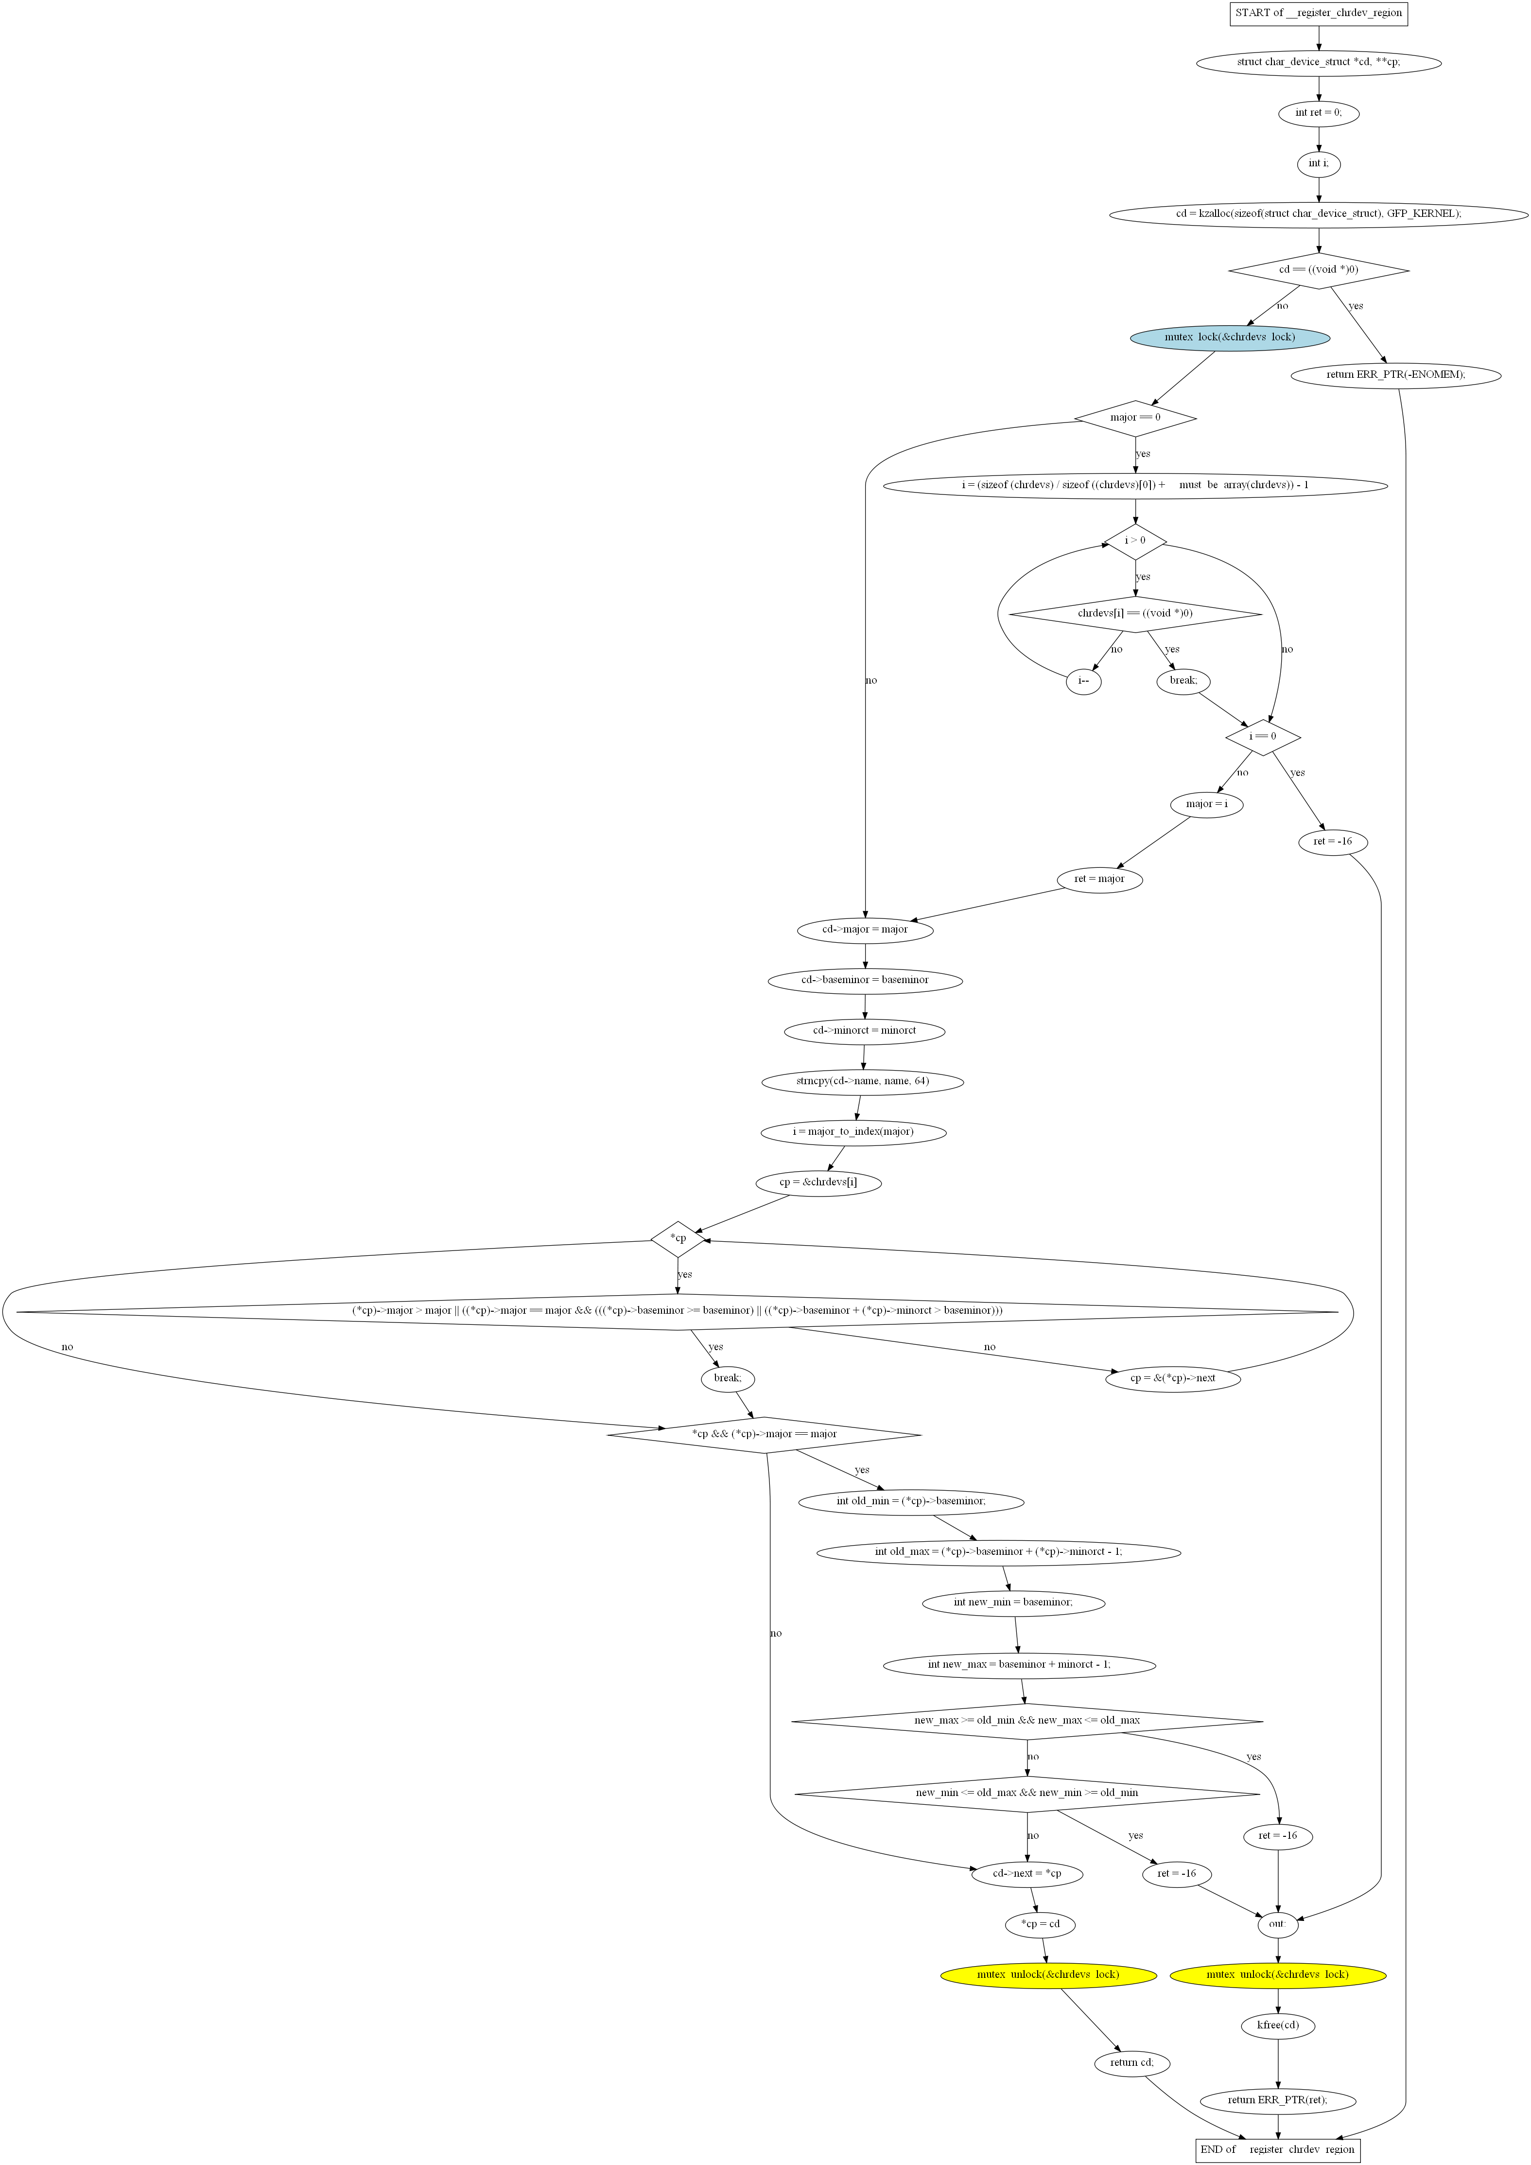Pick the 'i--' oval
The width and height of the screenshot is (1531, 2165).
pos(1084,681)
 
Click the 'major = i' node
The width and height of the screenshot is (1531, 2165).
pos(1207,804)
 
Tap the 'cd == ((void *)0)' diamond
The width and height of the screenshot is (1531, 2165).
pos(1319,271)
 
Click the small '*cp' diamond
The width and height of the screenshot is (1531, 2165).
pos(678,1239)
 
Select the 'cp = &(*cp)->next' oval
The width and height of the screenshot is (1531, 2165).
pos(1173,1378)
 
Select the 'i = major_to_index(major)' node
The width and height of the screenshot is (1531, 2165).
pos(853,1131)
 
